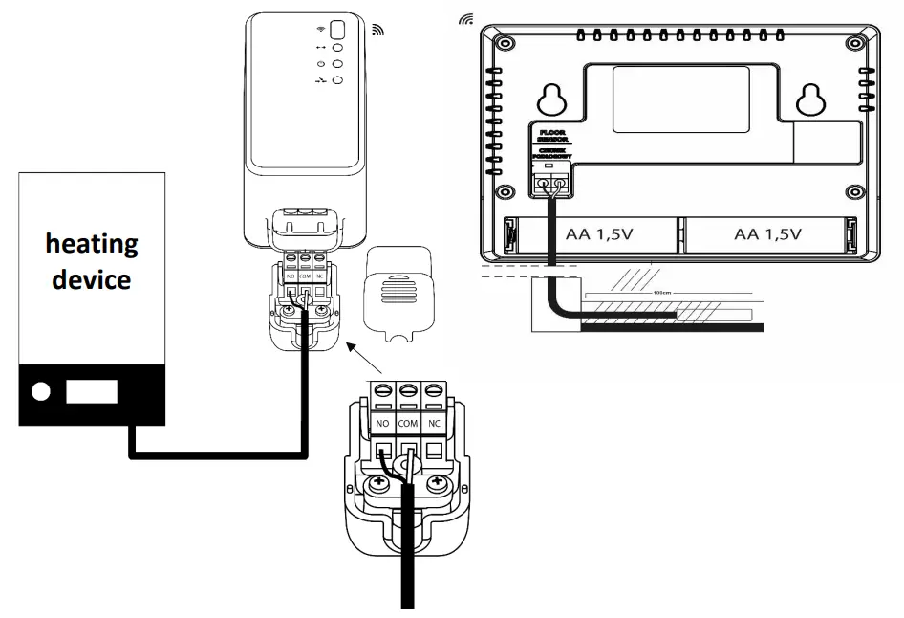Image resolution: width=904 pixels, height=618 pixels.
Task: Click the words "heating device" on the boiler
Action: coord(92,261)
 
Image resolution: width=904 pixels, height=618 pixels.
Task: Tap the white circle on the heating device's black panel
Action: coord(41,391)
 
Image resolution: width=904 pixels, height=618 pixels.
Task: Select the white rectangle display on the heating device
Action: coord(91,391)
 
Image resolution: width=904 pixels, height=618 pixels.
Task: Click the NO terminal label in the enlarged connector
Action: coord(382,422)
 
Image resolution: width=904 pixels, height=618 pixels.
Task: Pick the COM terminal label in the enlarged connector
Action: coord(409,422)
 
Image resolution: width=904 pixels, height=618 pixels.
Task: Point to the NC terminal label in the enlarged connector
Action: coord(435,422)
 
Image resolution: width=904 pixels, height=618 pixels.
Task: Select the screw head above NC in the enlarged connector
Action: coord(435,391)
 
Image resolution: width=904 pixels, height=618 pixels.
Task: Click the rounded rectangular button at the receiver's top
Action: coord(336,29)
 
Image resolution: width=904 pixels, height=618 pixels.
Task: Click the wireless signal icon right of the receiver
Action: coord(377,30)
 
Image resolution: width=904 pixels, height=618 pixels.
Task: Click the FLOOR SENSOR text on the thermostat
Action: coord(552,136)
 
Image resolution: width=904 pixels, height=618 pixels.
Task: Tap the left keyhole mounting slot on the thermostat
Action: coord(551,97)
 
